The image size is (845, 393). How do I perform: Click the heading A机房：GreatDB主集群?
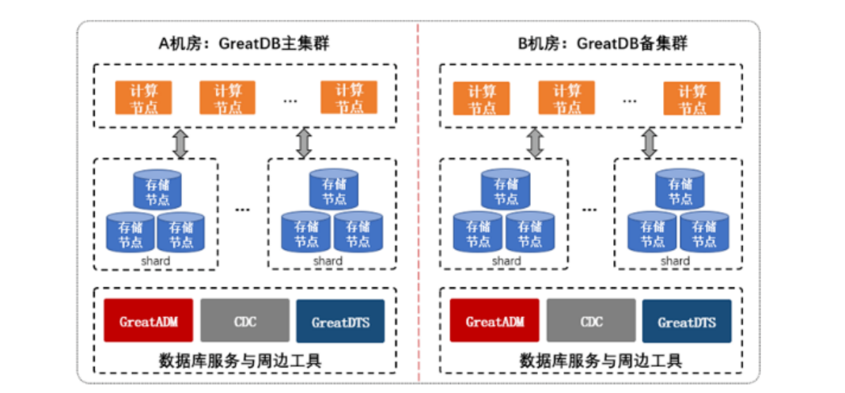[244, 43]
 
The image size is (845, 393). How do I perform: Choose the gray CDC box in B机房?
[591, 321]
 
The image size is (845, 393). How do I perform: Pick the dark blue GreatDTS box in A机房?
[340, 321]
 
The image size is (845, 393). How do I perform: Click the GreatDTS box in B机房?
[686, 321]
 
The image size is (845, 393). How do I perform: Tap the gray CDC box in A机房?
[245, 321]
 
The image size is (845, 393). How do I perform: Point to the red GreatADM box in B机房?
[494, 321]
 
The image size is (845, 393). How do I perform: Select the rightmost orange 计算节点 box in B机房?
[692, 98]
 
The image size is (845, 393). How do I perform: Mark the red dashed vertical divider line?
[418, 198]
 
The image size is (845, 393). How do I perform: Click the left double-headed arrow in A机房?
[180, 143]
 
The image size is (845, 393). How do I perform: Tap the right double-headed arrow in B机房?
[650, 143]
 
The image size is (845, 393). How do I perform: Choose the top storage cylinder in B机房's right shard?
[680, 191]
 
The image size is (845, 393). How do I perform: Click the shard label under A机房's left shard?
[156, 260]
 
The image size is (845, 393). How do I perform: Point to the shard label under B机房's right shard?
[675, 260]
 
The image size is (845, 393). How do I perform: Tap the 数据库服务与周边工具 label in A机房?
[244, 361]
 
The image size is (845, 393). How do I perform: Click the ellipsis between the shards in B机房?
[589, 210]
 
